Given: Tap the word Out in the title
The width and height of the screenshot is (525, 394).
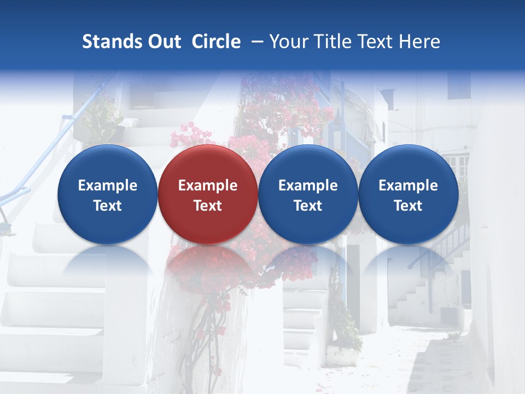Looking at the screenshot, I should pos(163,42).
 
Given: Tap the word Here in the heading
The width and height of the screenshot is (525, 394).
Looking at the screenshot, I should pos(419,42).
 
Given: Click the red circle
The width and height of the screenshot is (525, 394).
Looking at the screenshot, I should pos(207,194).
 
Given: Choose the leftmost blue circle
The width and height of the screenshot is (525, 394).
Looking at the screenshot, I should pos(107,194).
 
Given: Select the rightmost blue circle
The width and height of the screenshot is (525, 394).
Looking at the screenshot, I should pos(408,194).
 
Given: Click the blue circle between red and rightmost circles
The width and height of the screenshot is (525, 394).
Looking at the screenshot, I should pos(308,194).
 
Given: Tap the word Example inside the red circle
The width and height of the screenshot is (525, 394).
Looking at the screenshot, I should pos(207,186).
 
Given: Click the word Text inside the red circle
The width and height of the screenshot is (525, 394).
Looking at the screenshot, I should pos(207,206).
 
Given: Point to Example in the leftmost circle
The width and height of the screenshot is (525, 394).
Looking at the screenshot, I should pos(107,186).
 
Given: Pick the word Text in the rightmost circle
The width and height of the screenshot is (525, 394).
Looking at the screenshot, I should pos(408,206).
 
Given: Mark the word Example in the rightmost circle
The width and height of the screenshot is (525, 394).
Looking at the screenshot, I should pos(408,186).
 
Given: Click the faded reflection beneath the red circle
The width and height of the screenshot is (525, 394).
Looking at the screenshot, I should pos(207,263).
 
